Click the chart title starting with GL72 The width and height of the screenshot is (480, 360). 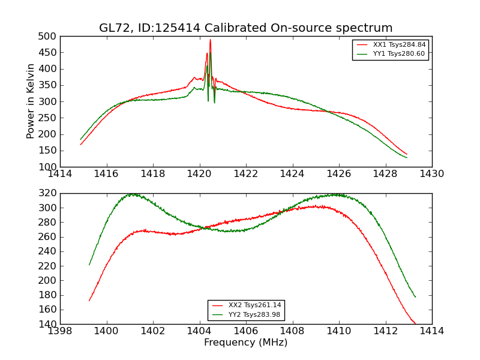246,28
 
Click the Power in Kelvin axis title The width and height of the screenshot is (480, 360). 31,101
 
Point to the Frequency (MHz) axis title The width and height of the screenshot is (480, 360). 246,343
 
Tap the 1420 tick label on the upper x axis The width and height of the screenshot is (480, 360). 200,174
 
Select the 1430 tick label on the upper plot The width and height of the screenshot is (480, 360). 432,174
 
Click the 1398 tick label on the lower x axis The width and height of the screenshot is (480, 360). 61,331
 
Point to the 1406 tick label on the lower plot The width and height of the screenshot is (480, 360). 246,331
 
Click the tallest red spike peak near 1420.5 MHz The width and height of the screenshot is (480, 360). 210,40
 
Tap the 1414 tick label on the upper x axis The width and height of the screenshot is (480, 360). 61,174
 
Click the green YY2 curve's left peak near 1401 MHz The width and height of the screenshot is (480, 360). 132,194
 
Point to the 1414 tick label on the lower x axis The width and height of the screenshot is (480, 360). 432,331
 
